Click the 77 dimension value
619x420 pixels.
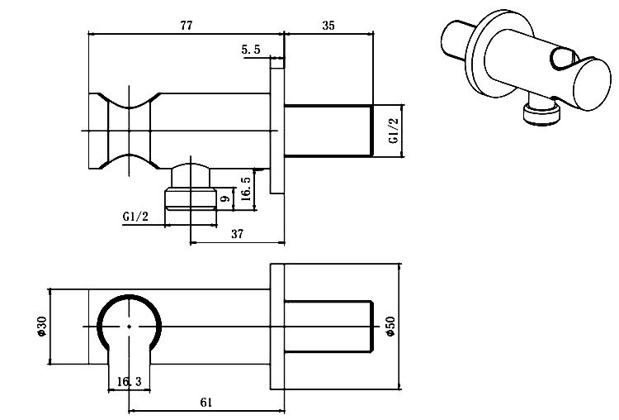point(186,26)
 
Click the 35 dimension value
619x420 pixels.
point(328,26)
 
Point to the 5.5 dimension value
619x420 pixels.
point(251,50)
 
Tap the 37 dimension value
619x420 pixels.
point(237,234)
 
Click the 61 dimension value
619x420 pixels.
point(206,402)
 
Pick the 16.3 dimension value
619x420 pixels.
point(130,381)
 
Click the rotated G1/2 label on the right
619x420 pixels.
point(394,131)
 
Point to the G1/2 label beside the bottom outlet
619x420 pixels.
point(135,217)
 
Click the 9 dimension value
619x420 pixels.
point(224,198)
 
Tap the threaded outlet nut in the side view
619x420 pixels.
point(191,197)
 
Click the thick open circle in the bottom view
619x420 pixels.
point(130,325)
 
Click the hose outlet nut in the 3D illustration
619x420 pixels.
point(541,113)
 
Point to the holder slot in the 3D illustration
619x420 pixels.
point(564,59)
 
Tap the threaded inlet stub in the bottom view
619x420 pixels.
point(328,327)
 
